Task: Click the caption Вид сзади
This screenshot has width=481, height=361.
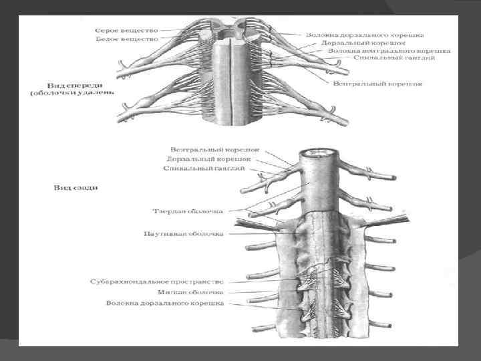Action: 76,187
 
